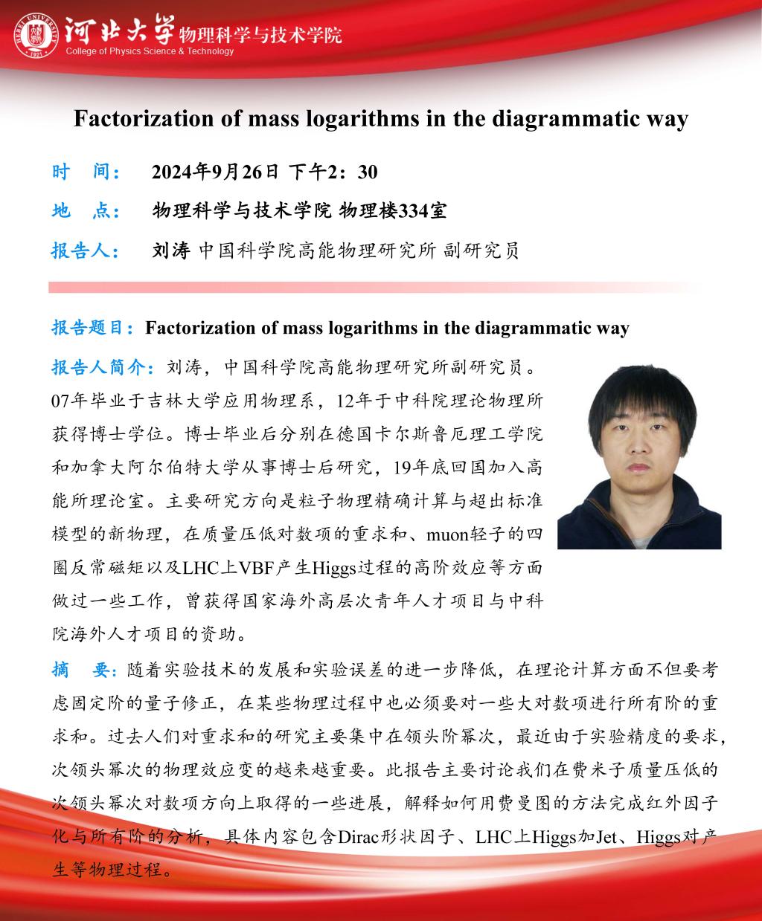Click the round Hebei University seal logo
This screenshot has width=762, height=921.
click(35, 35)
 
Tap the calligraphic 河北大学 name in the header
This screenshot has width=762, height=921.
click(119, 30)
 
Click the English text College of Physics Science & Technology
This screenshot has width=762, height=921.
click(150, 51)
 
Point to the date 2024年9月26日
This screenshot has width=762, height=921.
click(215, 172)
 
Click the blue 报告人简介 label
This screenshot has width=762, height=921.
click(103, 366)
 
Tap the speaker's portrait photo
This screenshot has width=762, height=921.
click(639, 456)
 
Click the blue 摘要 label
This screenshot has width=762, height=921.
click(82, 669)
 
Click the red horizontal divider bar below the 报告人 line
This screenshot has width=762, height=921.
click(372, 287)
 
